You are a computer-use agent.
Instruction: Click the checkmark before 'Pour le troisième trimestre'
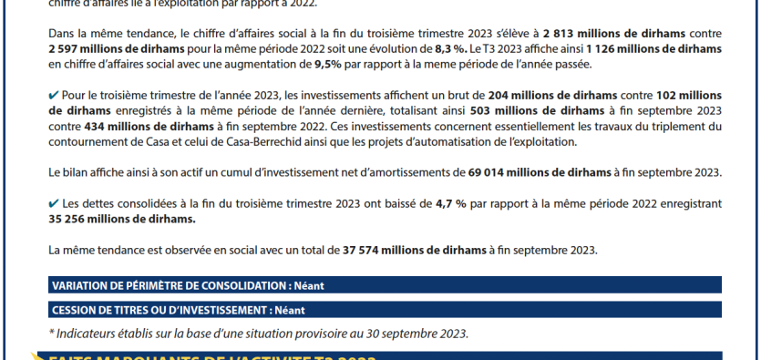[x=54, y=94]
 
